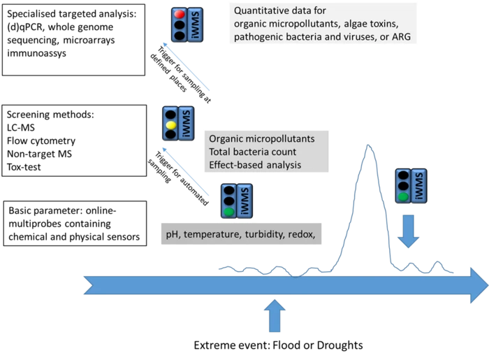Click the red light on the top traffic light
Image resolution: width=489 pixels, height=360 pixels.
(x=179, y=14)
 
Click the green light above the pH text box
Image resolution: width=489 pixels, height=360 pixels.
(x=228, y=210)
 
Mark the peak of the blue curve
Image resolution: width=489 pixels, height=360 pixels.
(x=367, y=143)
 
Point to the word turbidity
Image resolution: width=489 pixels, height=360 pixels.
(x=263, y=236)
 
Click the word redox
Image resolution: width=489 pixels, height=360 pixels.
(x=307, y=236)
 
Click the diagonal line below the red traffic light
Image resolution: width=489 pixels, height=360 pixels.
(x=187, y=67)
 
